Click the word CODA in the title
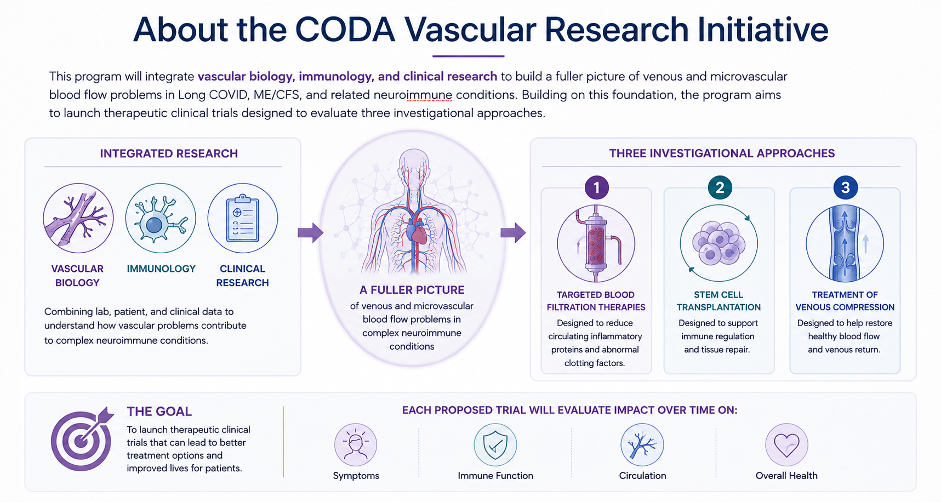(345, 30)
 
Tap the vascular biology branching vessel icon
(78, 218)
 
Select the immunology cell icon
(161, 218)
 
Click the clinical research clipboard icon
(243, 218)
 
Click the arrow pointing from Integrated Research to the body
(310, 232)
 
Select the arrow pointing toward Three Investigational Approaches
(513, 232)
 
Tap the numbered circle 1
(596, 187)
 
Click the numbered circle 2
(720, 187)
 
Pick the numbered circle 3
(845, 187)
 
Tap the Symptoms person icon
(356, 444)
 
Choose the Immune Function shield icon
(495, 444)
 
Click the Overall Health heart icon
(787, 444)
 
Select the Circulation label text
(642, 476)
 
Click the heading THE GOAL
(159, 412)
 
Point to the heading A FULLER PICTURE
(412, 290)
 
